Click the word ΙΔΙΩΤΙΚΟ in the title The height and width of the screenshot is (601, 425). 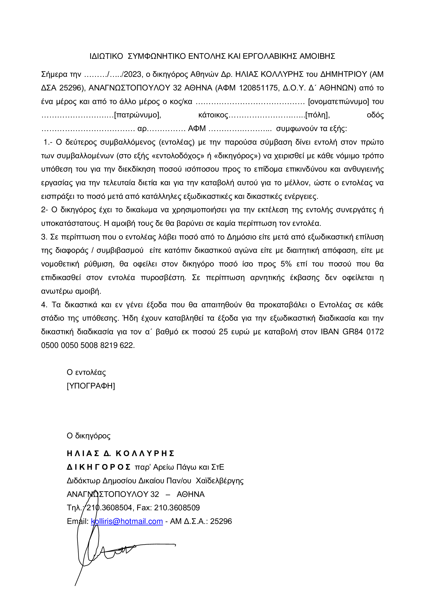click(x=106, y=56)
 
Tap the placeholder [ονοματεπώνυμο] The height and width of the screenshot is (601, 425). click(x=338, y=101)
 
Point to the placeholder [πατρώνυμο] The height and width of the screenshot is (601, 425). click(x=137, y=115)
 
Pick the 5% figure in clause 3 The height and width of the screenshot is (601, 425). click(x=286, y=264)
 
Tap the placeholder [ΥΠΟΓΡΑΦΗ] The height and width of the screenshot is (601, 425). click(x=91, y=386)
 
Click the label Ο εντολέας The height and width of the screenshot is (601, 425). click(x=86, y=372)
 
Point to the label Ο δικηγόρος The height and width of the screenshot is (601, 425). click(x=88, y=436)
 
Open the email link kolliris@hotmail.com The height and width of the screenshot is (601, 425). click(x=127, y=521)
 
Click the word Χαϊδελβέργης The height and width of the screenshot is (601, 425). click(x=219, y=480)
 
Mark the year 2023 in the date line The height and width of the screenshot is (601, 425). click(x=132, y=75)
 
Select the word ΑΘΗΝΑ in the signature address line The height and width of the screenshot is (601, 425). click(x=190, y=494)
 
